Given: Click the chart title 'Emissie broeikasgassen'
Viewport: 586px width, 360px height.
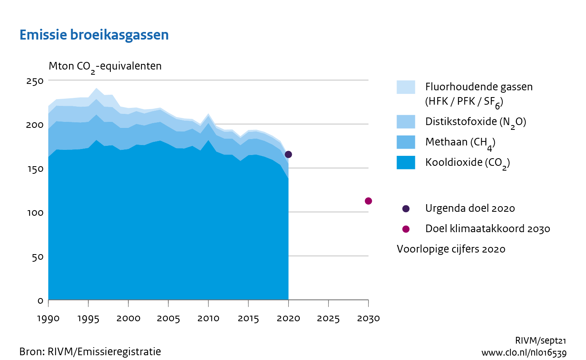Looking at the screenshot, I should (x=94, y=35).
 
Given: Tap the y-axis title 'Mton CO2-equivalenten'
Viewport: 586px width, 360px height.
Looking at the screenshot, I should (x=105, y=66).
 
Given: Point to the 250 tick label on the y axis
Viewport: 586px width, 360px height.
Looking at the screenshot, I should (x=35, y=81).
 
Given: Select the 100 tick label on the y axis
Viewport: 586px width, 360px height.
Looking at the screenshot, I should (x=35, y=213).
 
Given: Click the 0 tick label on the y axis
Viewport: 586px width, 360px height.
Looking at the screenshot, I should (x=40, y=300).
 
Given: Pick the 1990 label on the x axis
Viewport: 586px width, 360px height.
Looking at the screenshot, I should (x=48, y=318).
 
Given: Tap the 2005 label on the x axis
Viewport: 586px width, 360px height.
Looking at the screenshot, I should (x=168, y=318).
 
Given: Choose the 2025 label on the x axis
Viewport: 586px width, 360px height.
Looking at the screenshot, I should (x=328, y=318).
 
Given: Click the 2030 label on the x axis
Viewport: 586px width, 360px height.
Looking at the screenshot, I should (x=368, y=318).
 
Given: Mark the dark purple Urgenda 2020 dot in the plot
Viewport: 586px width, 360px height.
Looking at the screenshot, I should (x=288, y=154).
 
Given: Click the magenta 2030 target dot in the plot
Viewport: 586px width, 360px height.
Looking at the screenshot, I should (x=368, y=201).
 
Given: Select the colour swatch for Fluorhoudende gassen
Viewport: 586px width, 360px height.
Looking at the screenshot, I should (x=406, y=87).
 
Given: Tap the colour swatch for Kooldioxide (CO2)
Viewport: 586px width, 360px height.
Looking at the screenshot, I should (x=406, y=163).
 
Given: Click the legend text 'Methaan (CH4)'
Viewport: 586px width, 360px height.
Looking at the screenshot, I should (x=460, y=142).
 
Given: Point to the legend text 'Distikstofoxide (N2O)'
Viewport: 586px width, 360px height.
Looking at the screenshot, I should (x=475, y=122).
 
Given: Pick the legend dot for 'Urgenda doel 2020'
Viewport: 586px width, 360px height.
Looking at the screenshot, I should (x=406, y=209).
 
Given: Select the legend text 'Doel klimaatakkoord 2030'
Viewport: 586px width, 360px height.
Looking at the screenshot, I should (x=487, y=229).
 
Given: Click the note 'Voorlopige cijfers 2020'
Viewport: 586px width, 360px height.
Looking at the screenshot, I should (x=451, y=249).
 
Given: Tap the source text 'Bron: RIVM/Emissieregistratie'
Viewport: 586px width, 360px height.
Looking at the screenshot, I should (x=90, y=352).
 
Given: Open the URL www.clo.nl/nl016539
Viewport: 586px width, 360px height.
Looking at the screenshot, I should (x=524, y=353).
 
